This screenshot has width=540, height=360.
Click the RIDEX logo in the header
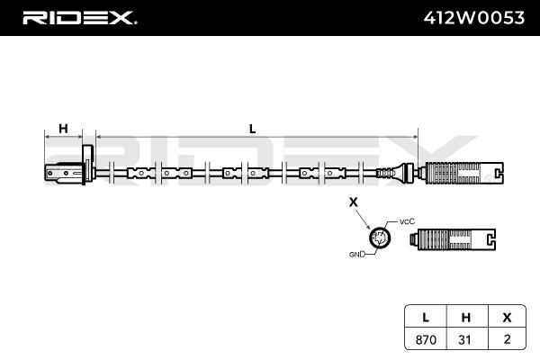pos(78,17)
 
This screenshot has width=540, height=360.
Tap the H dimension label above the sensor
pos(63,129)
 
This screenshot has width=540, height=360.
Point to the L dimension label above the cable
pos(253,129)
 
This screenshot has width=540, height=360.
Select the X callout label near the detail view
pos(354,203)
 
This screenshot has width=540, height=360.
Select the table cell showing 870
pos(426,339)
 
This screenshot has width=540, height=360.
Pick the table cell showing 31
pos(465,339)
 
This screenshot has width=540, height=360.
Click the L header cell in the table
pos(426,319)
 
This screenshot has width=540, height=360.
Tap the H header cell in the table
pos(465,319)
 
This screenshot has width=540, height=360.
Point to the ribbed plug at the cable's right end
pos(458,172)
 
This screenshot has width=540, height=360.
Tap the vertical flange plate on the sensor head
pos(88,166)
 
